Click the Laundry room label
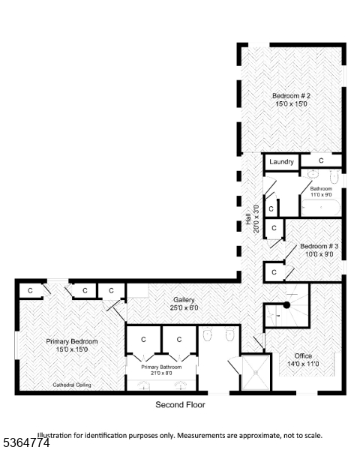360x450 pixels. point(281,161)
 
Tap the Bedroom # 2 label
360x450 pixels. point(291,96)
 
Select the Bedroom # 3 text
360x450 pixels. point(319,246)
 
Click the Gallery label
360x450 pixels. point(184,298)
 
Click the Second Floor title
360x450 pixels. point(180,405)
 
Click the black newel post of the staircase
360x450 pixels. point(286,305)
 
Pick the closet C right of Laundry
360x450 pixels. point(320,160)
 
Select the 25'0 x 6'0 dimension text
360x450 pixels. point(184,307)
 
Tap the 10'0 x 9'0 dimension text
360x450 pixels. point(319,254)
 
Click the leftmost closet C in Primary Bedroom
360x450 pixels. point(30,290)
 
